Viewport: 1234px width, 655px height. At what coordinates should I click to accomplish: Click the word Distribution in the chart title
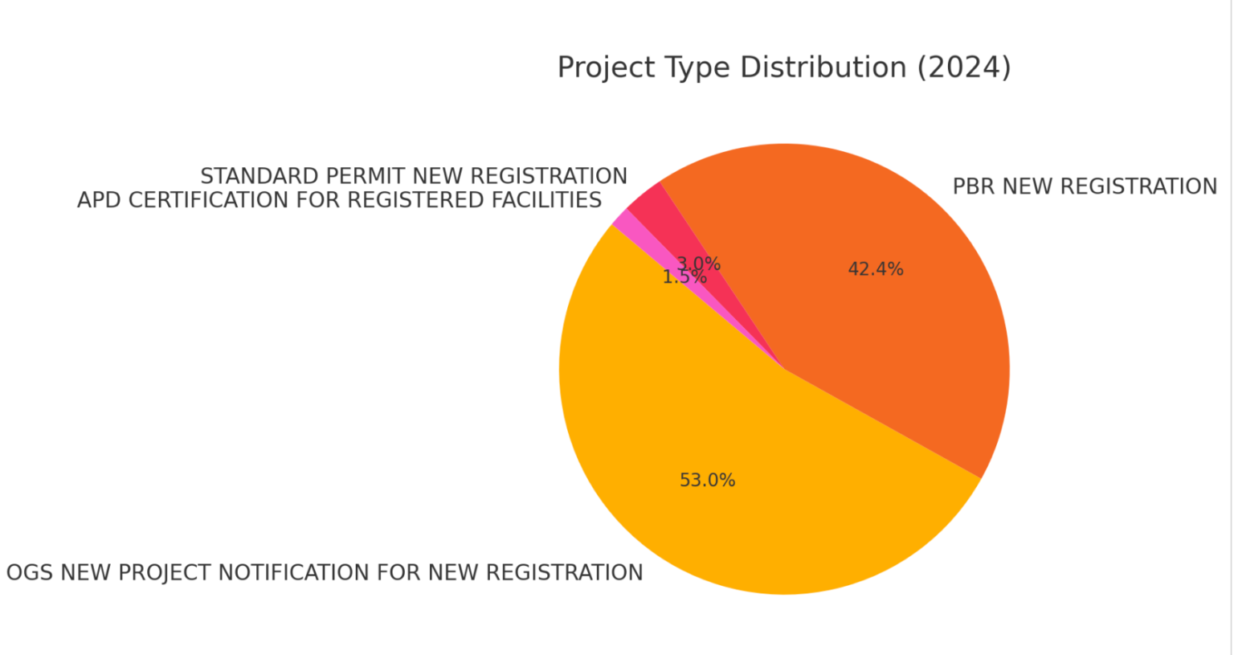pyautogui.click(x=823, y=68)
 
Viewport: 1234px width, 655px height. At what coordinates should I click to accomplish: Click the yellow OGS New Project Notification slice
pyautogui.click(x=723, y=450)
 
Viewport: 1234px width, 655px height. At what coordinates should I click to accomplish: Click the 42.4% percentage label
pyautogui.click(x=876, y=269)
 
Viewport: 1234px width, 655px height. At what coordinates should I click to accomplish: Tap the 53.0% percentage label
pyautogui.click(x=707, y=481)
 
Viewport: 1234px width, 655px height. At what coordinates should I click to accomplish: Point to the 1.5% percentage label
pyautogui.click(x=684, y=278)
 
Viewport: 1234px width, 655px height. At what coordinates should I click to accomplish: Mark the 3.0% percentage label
pyautogui.click(x=699, y=264)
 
